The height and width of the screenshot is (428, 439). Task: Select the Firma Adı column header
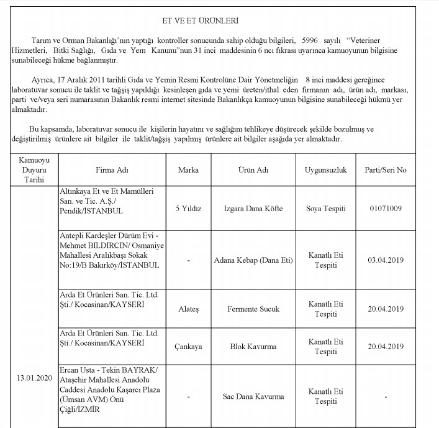(112, 170)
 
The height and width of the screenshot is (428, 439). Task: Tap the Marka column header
(188, 170)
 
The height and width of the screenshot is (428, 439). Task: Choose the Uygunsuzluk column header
(326, 170)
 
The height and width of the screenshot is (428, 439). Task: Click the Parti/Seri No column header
(385, 170)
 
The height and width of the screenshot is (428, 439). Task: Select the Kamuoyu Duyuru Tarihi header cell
(30, 170)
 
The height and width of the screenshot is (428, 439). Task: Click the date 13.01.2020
(30, 376)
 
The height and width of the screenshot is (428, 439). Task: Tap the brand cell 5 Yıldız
(188, 208)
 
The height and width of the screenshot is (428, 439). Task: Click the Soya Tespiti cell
(326, 208)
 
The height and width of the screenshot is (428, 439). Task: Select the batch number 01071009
(385, 208)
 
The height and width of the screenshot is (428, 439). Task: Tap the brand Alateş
(188, 309)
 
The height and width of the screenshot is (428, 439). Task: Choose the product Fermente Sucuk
(253, 309)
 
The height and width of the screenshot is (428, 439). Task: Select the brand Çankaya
(188, 346)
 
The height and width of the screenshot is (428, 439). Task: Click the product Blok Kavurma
(253, 346)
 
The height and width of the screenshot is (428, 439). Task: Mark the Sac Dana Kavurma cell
(253, 396)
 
